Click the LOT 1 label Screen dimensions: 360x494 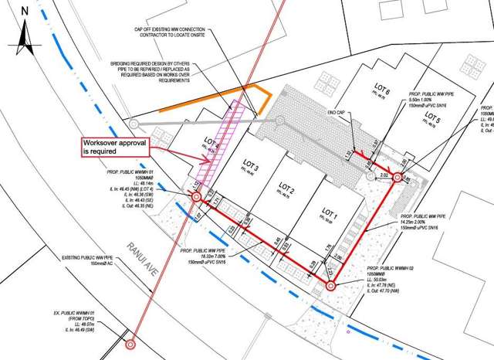click(330, 212)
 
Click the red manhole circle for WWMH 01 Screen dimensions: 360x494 click(196, 198)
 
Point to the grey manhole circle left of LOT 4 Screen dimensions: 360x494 click(133, 122)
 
